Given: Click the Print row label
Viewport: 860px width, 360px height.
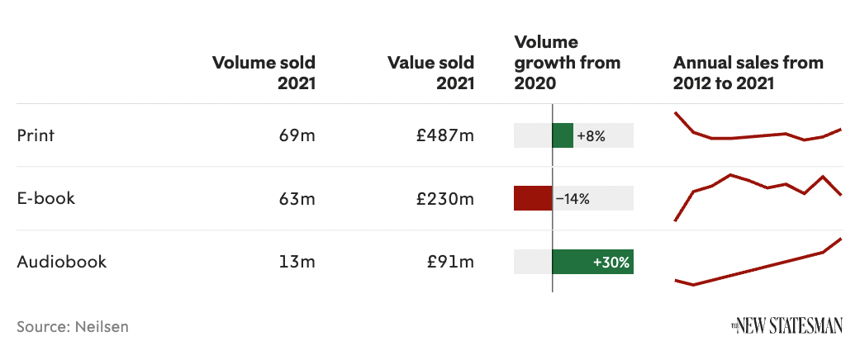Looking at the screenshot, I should tap(36, 135).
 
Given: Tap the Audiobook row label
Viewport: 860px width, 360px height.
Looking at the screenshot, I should tap(62, 263).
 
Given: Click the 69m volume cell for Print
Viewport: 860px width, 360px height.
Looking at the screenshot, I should tap(297, 135).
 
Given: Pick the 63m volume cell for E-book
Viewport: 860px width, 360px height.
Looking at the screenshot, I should tap(297, 199).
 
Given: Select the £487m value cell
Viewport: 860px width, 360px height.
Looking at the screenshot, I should tap(445, 135).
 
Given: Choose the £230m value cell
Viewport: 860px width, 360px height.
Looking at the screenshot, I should tap(445, 199).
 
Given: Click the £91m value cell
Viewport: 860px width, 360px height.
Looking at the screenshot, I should tap(450, 263).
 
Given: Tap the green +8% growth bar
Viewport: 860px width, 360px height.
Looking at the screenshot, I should tap(563, 135).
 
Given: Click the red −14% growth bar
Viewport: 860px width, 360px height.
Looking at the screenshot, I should tap(533, 199).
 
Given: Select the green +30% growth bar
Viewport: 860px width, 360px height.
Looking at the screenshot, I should tap(592, 263).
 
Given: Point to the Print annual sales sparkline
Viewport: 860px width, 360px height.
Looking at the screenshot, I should tap(758, 132).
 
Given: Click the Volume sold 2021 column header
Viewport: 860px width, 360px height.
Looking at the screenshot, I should tap(264, 73).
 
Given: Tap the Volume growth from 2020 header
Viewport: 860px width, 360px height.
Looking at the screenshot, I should tap(567, 63).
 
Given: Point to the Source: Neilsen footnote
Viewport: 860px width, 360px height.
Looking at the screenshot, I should tap(73, 326).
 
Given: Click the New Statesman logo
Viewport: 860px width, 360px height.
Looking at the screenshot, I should tap(786, 327).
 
